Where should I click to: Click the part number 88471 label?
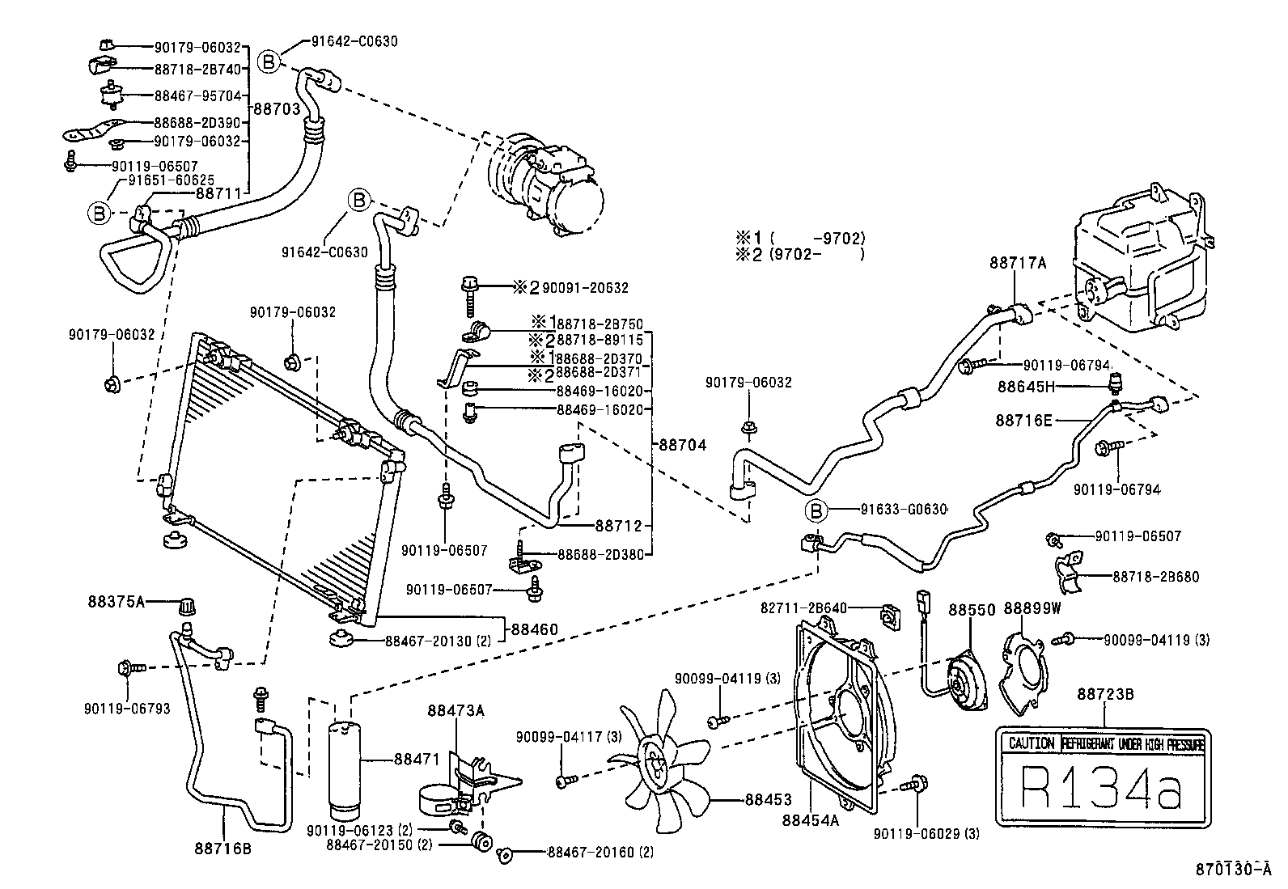point(417,760)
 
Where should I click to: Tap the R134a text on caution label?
point(1101,788)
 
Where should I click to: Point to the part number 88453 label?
point(768,800)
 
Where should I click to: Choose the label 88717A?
point(1017,262)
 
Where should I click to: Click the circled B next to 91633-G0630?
point(816,510)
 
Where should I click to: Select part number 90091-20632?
point(584,287)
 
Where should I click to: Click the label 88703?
point(277,108)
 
